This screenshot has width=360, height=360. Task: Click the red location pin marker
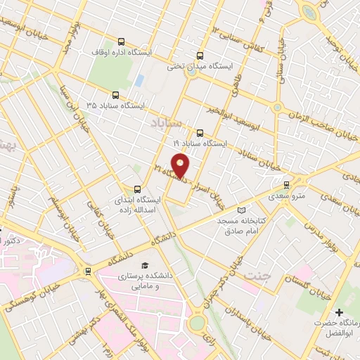point(181,167)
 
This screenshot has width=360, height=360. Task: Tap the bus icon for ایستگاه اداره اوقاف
point(121,41)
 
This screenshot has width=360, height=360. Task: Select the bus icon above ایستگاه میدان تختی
point(200,56)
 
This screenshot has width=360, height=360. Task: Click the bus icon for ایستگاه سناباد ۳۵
point(115,94)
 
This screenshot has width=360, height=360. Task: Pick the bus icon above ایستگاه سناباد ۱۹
point(200,132)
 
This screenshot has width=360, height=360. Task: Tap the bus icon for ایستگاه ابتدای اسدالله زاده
point(138,188)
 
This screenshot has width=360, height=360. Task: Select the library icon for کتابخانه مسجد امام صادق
point(243,210)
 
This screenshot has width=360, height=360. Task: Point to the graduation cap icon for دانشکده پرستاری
point(144,266)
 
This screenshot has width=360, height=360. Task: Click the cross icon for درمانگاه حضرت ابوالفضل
point(340,311)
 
